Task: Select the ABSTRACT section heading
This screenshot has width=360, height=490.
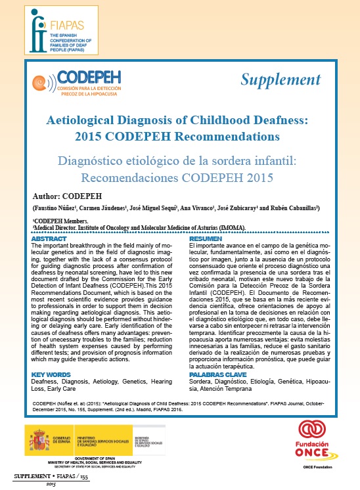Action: [49, 239]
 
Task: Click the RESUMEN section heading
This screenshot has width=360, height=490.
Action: [205, 239]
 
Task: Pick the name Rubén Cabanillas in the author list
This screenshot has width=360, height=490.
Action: [293, 208]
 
